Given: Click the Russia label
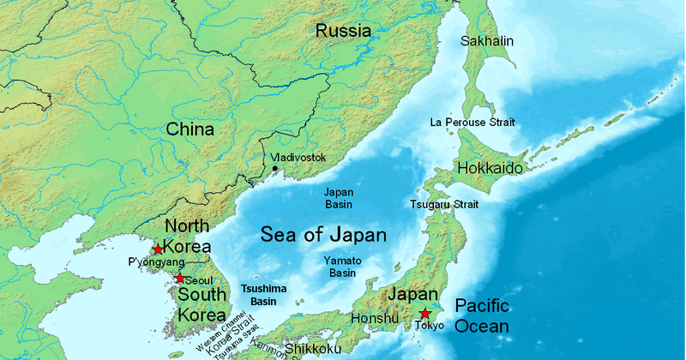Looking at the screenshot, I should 343,31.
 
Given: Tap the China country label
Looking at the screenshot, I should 190,130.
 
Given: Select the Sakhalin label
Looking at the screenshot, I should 487,40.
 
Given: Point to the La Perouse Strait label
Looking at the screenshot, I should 472,123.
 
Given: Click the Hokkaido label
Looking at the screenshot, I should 490,168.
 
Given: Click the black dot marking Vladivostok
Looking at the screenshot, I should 274,169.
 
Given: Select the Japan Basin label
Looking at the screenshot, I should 338,199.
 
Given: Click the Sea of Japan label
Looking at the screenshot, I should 323,234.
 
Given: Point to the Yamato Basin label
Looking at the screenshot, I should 342,267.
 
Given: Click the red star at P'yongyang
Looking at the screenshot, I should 158,249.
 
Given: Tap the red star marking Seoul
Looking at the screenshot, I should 179,279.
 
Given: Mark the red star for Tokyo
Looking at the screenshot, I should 424,314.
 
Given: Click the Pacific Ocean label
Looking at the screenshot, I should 482,316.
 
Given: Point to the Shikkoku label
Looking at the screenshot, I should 313,348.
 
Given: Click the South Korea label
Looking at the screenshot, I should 201,304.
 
